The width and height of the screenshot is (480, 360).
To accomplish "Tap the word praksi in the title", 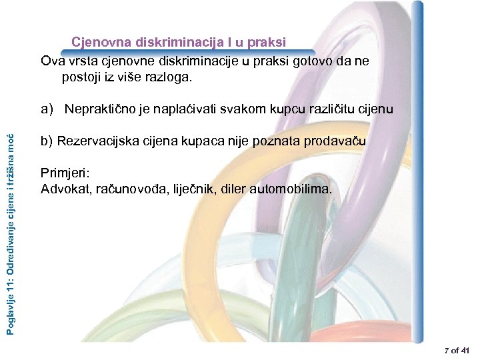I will tap(267, 43).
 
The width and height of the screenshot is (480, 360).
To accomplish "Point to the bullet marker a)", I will tap(47, 109).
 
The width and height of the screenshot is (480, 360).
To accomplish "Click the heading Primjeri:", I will tap(64, 173).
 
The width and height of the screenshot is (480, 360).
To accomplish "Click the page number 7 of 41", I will tap(456, 350).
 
